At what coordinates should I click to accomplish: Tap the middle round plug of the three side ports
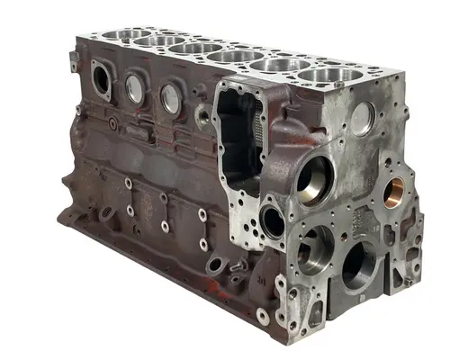(x=134, y=88)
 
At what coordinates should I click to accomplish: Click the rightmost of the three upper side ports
(x=169, y=99)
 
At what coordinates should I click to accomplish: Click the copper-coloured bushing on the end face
(x=395, y=189)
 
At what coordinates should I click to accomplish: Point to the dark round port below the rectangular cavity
(x=273, y=220)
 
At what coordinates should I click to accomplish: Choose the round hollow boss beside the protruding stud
(x=216, y=266)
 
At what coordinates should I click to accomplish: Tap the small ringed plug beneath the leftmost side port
(x=111, y=122)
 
